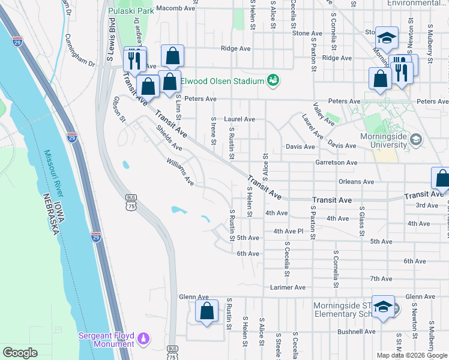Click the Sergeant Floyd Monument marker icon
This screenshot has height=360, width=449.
click(x=143, y=340)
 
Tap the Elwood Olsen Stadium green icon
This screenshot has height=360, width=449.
click(x=273, y=80)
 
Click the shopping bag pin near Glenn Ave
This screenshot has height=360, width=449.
click(x=206, y=311)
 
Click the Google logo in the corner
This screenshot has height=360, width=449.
click(x=20, y=353)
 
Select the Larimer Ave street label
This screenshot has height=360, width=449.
click(x=288, y=287)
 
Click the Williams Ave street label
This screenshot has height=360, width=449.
click(x=180, y=171)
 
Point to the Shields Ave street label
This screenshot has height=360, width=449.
click(x=168, y=138)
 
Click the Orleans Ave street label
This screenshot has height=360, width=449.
click(x=356, y=181)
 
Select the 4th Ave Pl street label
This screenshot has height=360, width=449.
click(x=289, y=231)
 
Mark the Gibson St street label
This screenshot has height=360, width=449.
click(x=118, y=109)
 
